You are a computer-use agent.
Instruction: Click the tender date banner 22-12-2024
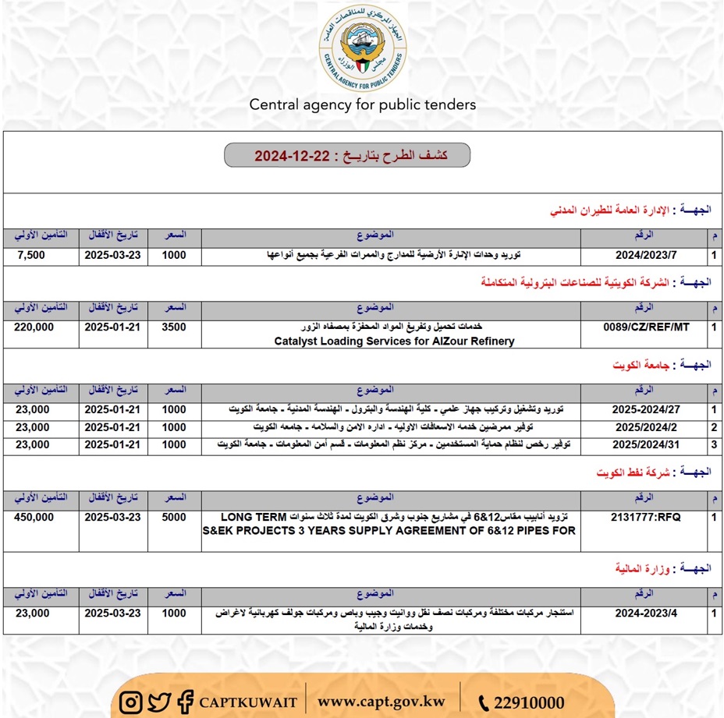(x=347, y=155)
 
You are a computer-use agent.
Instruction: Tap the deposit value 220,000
(x=34, y=327)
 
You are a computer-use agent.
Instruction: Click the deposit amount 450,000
(x=34, y=517)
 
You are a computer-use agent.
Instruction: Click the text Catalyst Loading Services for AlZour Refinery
(x=395, y=341)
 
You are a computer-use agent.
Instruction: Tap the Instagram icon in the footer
(x=132, y=702)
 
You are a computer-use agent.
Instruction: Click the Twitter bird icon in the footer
(x=159, y=702)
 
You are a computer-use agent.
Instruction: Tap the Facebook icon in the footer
(x=185, y=702)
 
